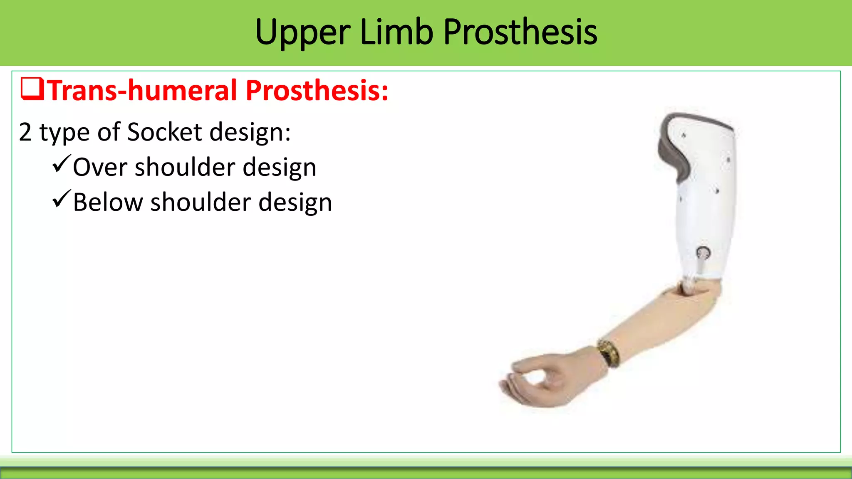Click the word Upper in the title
point(303,32)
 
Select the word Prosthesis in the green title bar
point(520,32)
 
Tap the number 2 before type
point(25,132)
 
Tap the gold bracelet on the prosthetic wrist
point(609,353)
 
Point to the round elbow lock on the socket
point(703,252)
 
